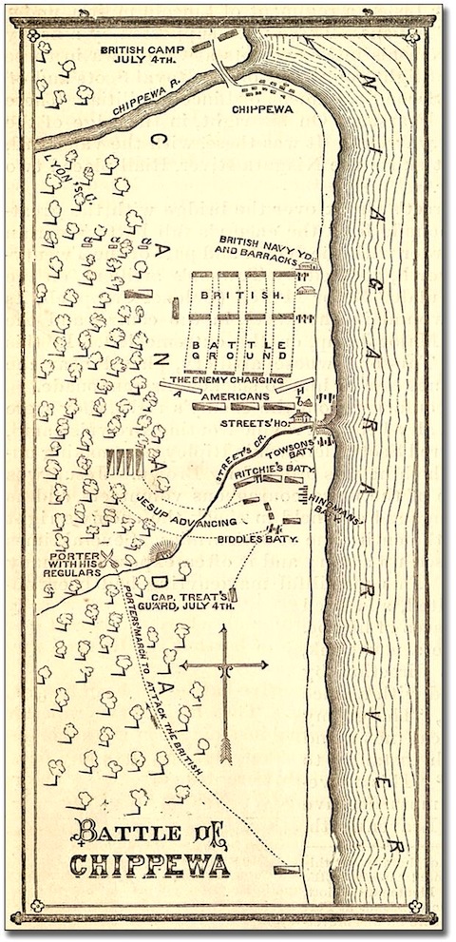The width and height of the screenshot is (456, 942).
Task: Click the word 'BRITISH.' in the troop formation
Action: click(243, 297)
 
